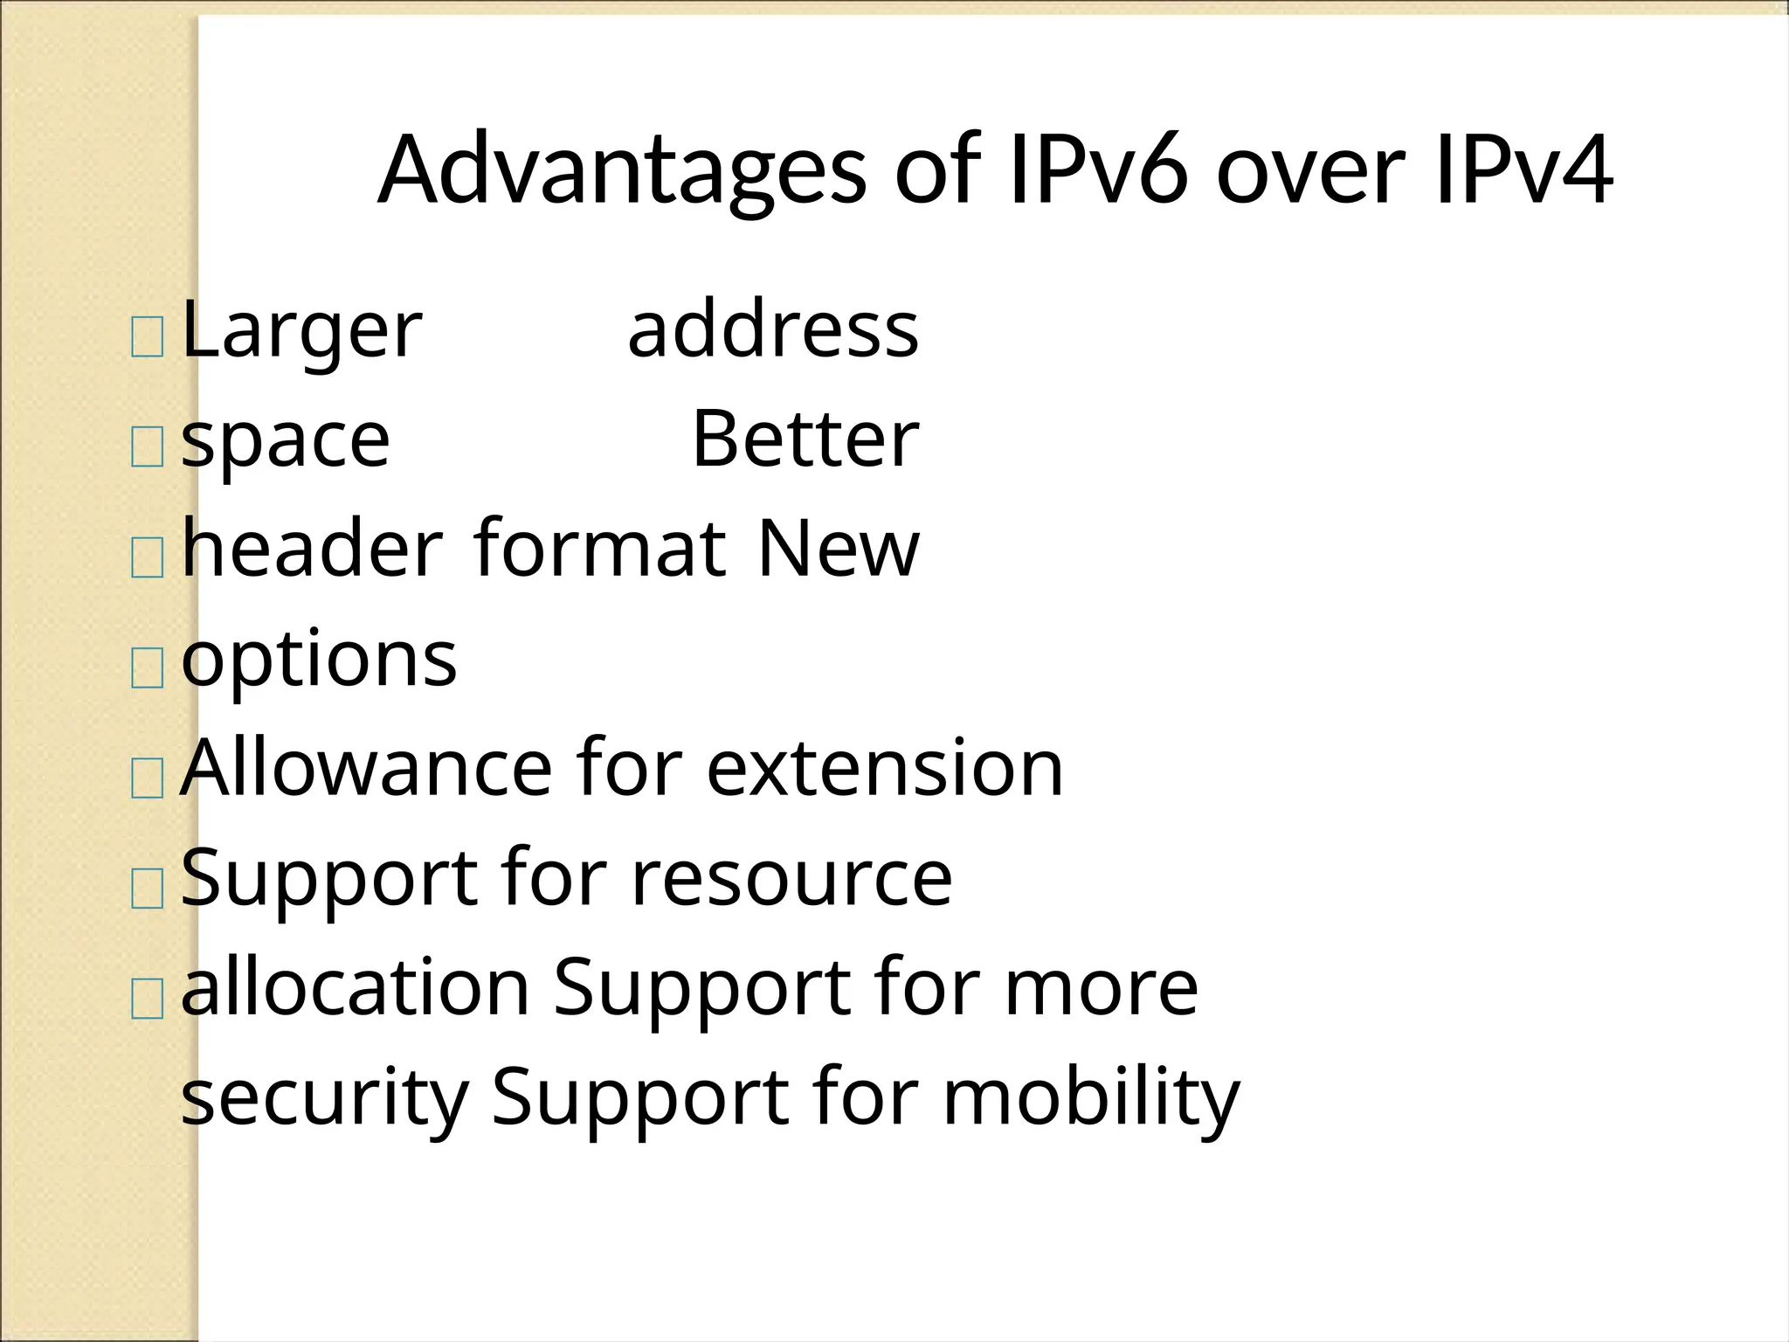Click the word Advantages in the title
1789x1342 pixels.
pos(622,169)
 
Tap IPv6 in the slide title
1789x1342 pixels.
pos(1098,169)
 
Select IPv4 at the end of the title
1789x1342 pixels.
pos(1523,169)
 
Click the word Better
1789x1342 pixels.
pos(805,439)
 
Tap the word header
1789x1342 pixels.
pos(312,549)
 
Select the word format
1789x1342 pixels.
pos(599,549)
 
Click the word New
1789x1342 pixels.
pos(838,549)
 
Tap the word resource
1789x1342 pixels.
pos(791,877)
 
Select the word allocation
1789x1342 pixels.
pos(356,987)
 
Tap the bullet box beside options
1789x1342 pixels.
pos(147,668)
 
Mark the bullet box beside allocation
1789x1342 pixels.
pos(147,999)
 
